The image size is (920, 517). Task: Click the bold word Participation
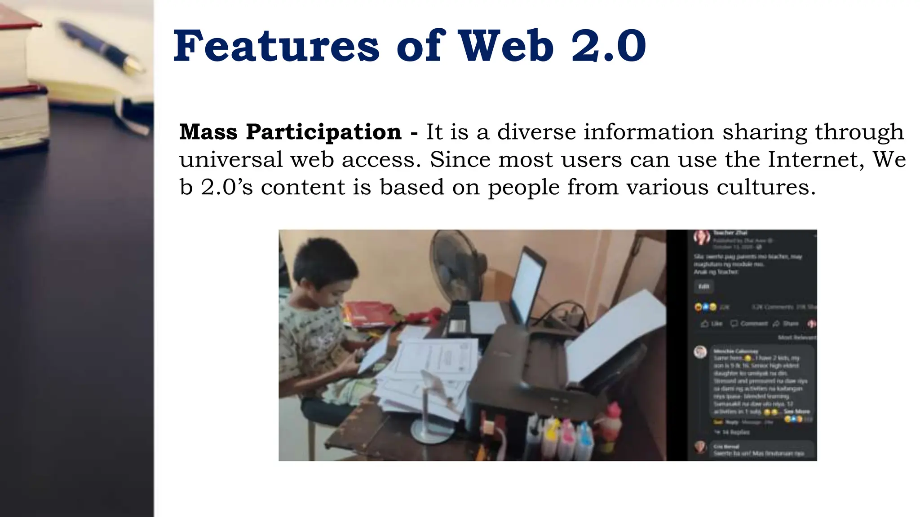tap(323, 132)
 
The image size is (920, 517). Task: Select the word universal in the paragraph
tap(231, 159)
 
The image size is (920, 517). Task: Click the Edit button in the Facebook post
tap(703, 286)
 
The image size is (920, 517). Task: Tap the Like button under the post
tap(712, 324)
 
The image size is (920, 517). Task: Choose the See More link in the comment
tap(796, 411)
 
